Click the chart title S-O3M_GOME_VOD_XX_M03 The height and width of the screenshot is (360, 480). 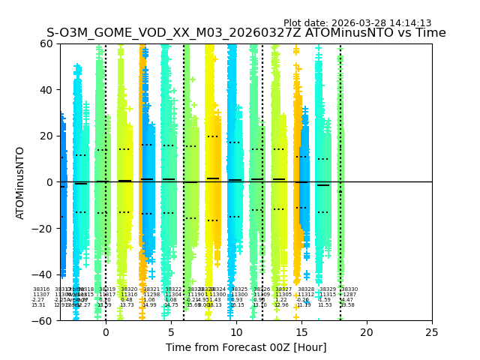click(246, 33)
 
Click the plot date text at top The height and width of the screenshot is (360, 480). click(357, 23)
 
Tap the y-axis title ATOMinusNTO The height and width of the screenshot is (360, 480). click(20, 182)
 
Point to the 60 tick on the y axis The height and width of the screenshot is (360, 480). click(46, 43)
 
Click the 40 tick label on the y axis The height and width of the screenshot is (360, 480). click(46, 90)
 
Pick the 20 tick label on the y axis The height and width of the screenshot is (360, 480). click(46, 136)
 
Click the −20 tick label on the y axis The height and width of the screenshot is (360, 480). click(43, 229)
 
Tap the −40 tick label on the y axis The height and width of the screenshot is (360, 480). click(43, 274)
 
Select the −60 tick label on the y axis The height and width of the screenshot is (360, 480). click(43, 321)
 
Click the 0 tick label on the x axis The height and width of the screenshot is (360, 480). click(106, 332)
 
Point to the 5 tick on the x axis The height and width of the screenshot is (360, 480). click(171, 332)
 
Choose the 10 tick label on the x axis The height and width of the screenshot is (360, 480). click(236, 332)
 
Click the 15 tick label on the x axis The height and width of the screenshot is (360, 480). click(301, 332)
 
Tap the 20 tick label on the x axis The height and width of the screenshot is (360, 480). click(367, 332)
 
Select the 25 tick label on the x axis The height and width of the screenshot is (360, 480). click(432, 332)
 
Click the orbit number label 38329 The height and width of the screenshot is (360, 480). click(328, 289)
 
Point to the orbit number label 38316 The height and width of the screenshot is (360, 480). click(40, 289)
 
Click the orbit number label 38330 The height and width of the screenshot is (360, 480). click(349, 289)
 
